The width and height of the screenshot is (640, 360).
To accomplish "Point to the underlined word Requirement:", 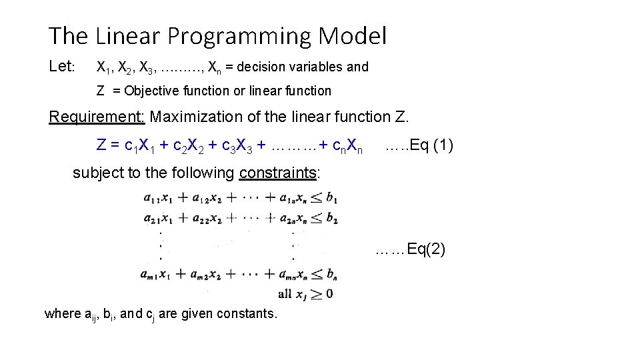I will (x=97, y=117).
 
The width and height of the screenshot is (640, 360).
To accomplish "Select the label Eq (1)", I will (x=434, y=145).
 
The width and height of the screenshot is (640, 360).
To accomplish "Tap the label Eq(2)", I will (x=426, y=249).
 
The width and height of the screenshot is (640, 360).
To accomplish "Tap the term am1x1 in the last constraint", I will (x=158, y=274).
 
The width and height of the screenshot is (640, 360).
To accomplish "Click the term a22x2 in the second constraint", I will (x=206, y=218).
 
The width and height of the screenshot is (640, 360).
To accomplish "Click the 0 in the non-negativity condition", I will (x=329, y=293).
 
